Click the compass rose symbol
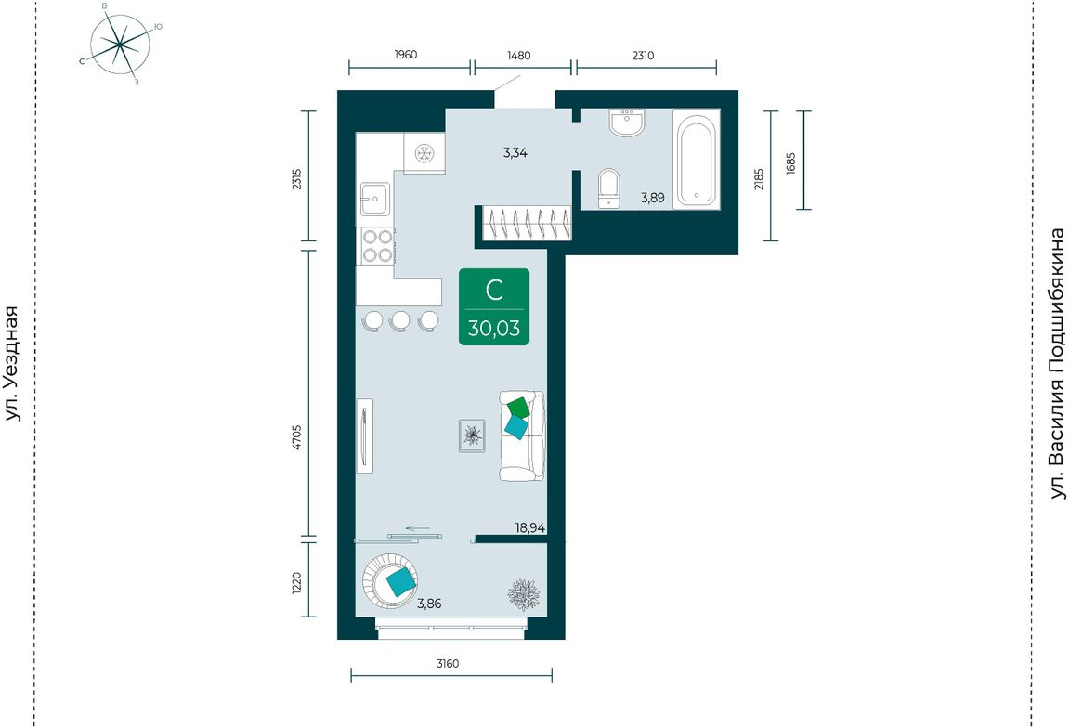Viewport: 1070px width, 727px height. coord(120,45)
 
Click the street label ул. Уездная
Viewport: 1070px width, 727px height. coord(12,364)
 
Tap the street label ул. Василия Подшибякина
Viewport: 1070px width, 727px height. coord(1057,364)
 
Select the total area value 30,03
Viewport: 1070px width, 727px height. coord(494,328)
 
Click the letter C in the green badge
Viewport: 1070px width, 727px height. coord(494,291)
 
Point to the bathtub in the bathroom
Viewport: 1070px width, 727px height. coord(696,160)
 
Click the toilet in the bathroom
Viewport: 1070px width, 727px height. coord(608,188)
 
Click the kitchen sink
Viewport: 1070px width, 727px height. coord(374,199)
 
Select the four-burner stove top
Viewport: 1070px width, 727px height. coord(377,246)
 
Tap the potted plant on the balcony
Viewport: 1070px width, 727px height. coord(524,594)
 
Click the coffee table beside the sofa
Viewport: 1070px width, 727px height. coord(472,435)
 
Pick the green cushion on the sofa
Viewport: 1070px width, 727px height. coord(518,408)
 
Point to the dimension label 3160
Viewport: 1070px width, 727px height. coord(448,663)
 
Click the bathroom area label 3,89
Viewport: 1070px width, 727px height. coord(652,198)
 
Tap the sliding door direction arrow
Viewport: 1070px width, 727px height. coord(418,528)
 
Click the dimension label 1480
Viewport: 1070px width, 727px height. coord(518,55)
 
